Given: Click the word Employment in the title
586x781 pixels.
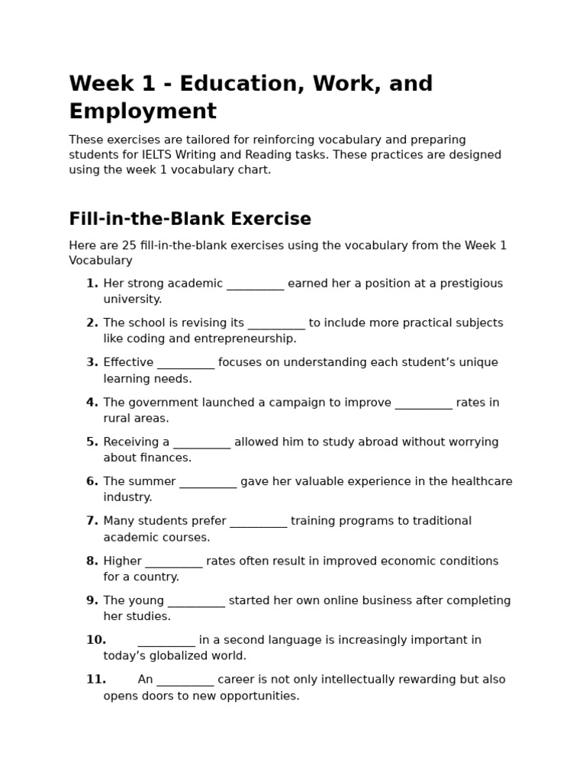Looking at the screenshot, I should [143, 111].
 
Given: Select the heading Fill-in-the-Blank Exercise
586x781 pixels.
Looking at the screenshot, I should [190, 219].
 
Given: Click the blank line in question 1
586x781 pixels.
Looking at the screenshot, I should [255, 284].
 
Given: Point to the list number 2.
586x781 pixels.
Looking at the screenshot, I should [92, 323].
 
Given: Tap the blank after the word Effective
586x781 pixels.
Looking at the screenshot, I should [185, 363].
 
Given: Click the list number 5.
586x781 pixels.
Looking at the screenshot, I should [92, 442].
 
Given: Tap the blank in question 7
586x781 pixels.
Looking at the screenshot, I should [258, 522].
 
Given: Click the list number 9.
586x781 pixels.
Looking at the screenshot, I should [92, 600].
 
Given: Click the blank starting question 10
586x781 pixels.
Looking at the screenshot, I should [166, 641].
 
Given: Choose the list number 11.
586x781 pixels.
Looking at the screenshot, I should [95, 680].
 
